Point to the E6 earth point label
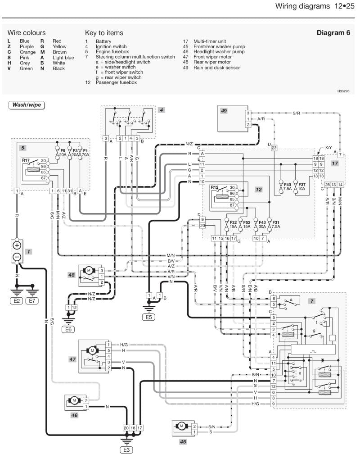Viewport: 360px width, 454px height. tap(68, 329)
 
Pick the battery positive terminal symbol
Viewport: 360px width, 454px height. tap(17, 246)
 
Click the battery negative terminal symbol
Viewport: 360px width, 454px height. tap(17, 257)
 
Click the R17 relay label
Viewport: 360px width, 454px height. tap(26, 160)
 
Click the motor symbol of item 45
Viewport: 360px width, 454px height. tap(181, 426)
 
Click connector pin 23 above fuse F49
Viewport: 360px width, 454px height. tap(274, 148)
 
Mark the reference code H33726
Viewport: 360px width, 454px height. tap(343, 91)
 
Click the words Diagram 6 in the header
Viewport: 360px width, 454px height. tap(333, 33)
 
